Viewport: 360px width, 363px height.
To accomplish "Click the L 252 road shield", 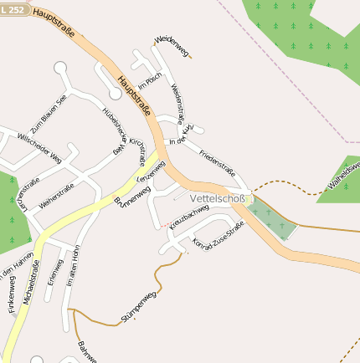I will [x=13, y=6].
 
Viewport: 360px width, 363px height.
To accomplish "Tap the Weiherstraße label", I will [x=57, y=197].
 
